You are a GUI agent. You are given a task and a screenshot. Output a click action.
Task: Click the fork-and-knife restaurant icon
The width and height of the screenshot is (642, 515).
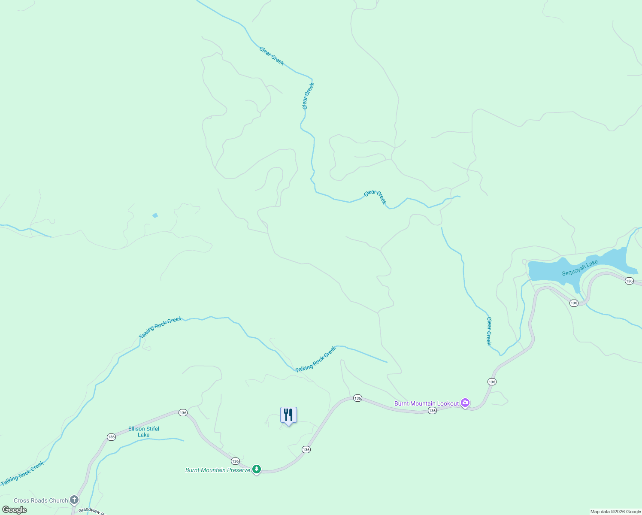(x=288, y=415)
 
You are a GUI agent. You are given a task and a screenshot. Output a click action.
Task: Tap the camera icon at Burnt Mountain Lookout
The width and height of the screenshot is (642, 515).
(x=465, y=403)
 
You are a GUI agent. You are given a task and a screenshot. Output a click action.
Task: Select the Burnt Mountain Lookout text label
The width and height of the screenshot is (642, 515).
(x=426, y=403)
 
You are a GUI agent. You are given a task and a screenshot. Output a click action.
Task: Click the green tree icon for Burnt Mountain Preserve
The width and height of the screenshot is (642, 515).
(x=257, y=470)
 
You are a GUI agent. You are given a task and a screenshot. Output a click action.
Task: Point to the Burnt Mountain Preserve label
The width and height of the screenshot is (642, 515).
(x=218, y=470)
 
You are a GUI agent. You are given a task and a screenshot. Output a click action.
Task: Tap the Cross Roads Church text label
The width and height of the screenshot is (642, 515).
(x=41, y=500)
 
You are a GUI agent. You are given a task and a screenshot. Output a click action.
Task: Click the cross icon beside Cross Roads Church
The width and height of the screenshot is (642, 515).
(x=74, y=500)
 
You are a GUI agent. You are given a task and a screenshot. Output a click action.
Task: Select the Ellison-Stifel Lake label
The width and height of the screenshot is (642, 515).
(x=144, y=432)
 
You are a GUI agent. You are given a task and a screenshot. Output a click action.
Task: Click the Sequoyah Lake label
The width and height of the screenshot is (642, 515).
(x=580, y=268)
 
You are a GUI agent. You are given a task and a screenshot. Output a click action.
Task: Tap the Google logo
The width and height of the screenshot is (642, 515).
(x=15, y=510)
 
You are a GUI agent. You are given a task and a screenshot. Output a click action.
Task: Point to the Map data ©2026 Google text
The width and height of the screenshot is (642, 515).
(x=615, y=512)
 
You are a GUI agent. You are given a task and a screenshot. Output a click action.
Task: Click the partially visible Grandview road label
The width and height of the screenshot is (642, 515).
(x=91, y=511)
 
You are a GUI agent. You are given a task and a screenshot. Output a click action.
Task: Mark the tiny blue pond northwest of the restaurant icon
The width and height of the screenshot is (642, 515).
(x=155, y=215)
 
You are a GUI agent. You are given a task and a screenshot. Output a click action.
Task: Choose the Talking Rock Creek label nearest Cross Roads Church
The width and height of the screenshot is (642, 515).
(x=22, y=474)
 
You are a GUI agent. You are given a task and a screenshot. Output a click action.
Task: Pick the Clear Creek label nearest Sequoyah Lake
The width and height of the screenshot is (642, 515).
(x=489, y=331)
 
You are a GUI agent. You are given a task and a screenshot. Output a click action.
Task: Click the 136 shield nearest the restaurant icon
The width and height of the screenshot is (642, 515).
(x=306, y=449)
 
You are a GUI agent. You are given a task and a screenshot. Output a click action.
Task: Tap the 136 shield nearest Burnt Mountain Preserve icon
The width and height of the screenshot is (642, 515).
(x=235, y=461)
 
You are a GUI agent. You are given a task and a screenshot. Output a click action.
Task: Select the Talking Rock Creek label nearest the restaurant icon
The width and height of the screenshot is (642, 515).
(x=315, y=359)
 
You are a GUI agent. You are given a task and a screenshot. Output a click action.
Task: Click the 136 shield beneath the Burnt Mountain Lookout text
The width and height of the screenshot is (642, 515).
(x=432, y=411)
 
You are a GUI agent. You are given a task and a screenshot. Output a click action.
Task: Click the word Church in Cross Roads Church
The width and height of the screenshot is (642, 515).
(x=58, y=500)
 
